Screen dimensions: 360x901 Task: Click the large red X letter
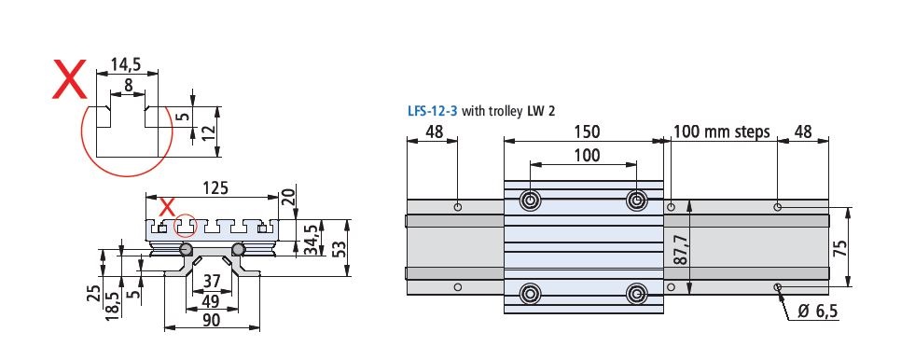[68, 82]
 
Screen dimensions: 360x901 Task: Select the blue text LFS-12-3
[433, 110]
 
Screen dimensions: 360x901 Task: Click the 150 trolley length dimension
[586, 132]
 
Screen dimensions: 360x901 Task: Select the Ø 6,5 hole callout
[817, 312]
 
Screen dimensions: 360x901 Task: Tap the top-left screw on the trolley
[531, 201]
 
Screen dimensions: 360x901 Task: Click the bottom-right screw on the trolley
[636, 293]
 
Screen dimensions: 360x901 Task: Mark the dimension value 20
[288, 196]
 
